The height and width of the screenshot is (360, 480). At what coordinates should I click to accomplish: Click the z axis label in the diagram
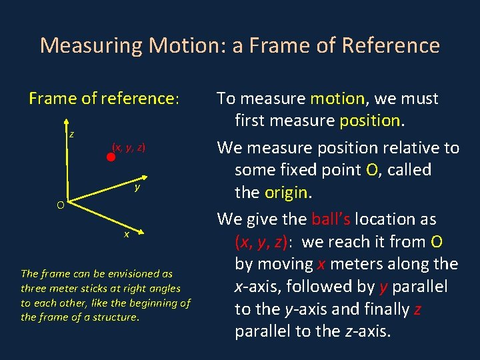[71, 134]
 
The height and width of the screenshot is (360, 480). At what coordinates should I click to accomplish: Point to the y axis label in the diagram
[137, 187]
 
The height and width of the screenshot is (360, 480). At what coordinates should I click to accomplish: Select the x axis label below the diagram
[125, 235]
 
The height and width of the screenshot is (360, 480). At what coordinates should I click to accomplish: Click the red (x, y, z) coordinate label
[129, 147]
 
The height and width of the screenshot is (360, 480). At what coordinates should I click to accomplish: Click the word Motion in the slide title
[179, 45]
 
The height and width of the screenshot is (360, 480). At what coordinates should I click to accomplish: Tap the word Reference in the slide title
[391, 45]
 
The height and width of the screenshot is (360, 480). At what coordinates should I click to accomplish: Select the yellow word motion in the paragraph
[337, 99]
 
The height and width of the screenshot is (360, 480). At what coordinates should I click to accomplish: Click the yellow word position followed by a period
[371, 121]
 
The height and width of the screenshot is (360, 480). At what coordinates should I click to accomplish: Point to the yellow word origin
[287, 193]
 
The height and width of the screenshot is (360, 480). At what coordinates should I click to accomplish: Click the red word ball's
[331, 219]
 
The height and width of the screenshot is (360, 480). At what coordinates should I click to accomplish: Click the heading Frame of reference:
[104, 99]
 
